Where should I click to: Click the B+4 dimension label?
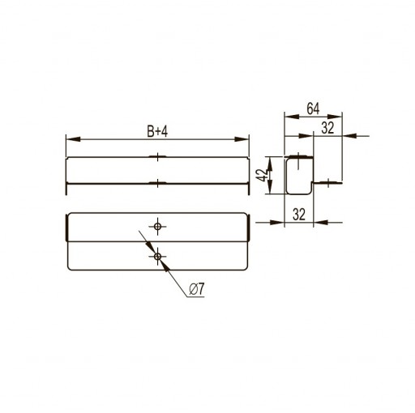pyautogui.click(x=157, y=132)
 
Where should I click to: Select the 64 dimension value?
pyautogui.click(x=313, y=109)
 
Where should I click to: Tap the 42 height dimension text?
pyautogui.click(x=262, y=175)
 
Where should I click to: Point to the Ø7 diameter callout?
pyautogui.click(x=197, y=289)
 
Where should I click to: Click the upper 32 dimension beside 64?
pyautogui.click(x=327, y=128)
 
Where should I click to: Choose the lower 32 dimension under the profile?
pyautogui.click(x=299, y=215)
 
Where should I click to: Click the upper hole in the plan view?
pyautogui.click(x=157, y=226)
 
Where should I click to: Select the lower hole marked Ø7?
pyautogui.click(x=157, y=256)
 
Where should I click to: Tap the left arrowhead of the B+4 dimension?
pyautogui.click(x=73, y=139)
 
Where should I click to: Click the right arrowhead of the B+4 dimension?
pyautogui.click(x=242, y=139)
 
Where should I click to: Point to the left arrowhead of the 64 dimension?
pyautogui.click(x=292, y=117)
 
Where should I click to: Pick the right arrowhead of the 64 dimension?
pyautogui.click(x=335, y=117)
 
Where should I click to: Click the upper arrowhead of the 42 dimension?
pyautogui.click(x=270, y=164)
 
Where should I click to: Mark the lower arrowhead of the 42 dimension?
pyautogui.click(x=270, y=186)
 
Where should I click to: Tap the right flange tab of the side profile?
pyautogui.click(x=327, y=183)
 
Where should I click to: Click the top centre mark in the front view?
pyautogui.click(x=157, y=156)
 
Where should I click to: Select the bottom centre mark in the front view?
pyautogui.click(x=157, y=183)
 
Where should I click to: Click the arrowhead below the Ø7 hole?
pyautogui.click(x=165, y=266)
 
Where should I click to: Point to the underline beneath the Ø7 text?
pyautogui.click(x=195, y=297)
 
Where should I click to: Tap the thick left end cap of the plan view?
pyautogui.click(x=66, y=228)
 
